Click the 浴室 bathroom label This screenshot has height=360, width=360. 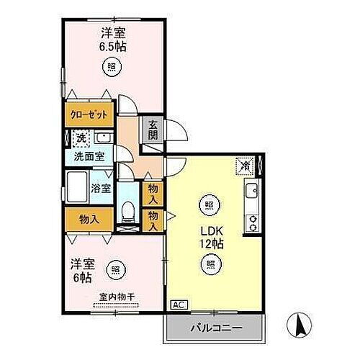[102, 189]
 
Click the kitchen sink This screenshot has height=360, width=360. [253, 192]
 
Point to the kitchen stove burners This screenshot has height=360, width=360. [253, 221]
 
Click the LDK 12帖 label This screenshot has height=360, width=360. [210, 237]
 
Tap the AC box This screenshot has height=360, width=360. [176, 305]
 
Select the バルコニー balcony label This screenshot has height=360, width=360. [215, 329]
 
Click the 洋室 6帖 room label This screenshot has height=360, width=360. [81, 271]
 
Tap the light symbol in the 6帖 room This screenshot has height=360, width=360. [115, 270]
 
